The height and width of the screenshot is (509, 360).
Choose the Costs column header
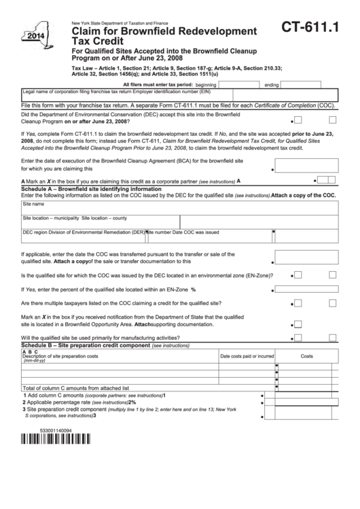click(x=307, y=356)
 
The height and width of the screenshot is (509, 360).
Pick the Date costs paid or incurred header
click(x=247, y=356)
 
